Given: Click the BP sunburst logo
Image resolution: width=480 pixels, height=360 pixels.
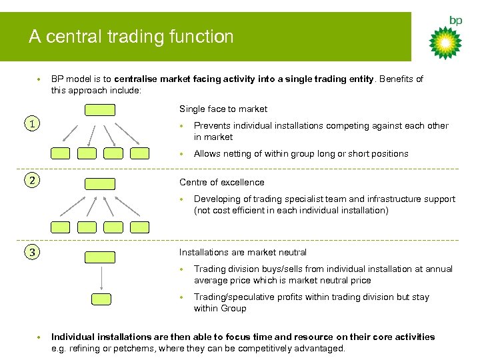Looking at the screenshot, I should click(x=445, y=43).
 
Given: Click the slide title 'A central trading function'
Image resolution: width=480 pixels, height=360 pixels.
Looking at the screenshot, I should click(x=131, y=37).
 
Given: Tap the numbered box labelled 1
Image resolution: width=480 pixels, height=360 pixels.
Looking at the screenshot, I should click(x=29, y=123).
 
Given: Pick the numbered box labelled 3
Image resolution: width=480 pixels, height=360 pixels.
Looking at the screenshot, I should click(x=29, y=251).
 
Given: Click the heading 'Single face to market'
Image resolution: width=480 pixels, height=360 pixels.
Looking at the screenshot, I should click(x=223, y=109).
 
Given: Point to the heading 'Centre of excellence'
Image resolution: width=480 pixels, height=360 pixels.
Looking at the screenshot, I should click(x=222, y=182).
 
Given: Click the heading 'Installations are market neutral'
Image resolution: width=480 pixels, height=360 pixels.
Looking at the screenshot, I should click(x=243, y=252).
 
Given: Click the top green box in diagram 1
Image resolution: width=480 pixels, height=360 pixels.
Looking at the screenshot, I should click(x=100, y=110).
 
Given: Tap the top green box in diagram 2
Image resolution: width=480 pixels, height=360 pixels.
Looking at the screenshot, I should click(x=100, y=183).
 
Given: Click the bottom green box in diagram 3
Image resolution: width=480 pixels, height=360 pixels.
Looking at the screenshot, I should click(x=101, y=299).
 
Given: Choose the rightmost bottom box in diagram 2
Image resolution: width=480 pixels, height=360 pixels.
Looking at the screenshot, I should click(x=140, y=227).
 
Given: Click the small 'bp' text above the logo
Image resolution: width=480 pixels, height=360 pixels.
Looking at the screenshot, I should click(x=455, y=21).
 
